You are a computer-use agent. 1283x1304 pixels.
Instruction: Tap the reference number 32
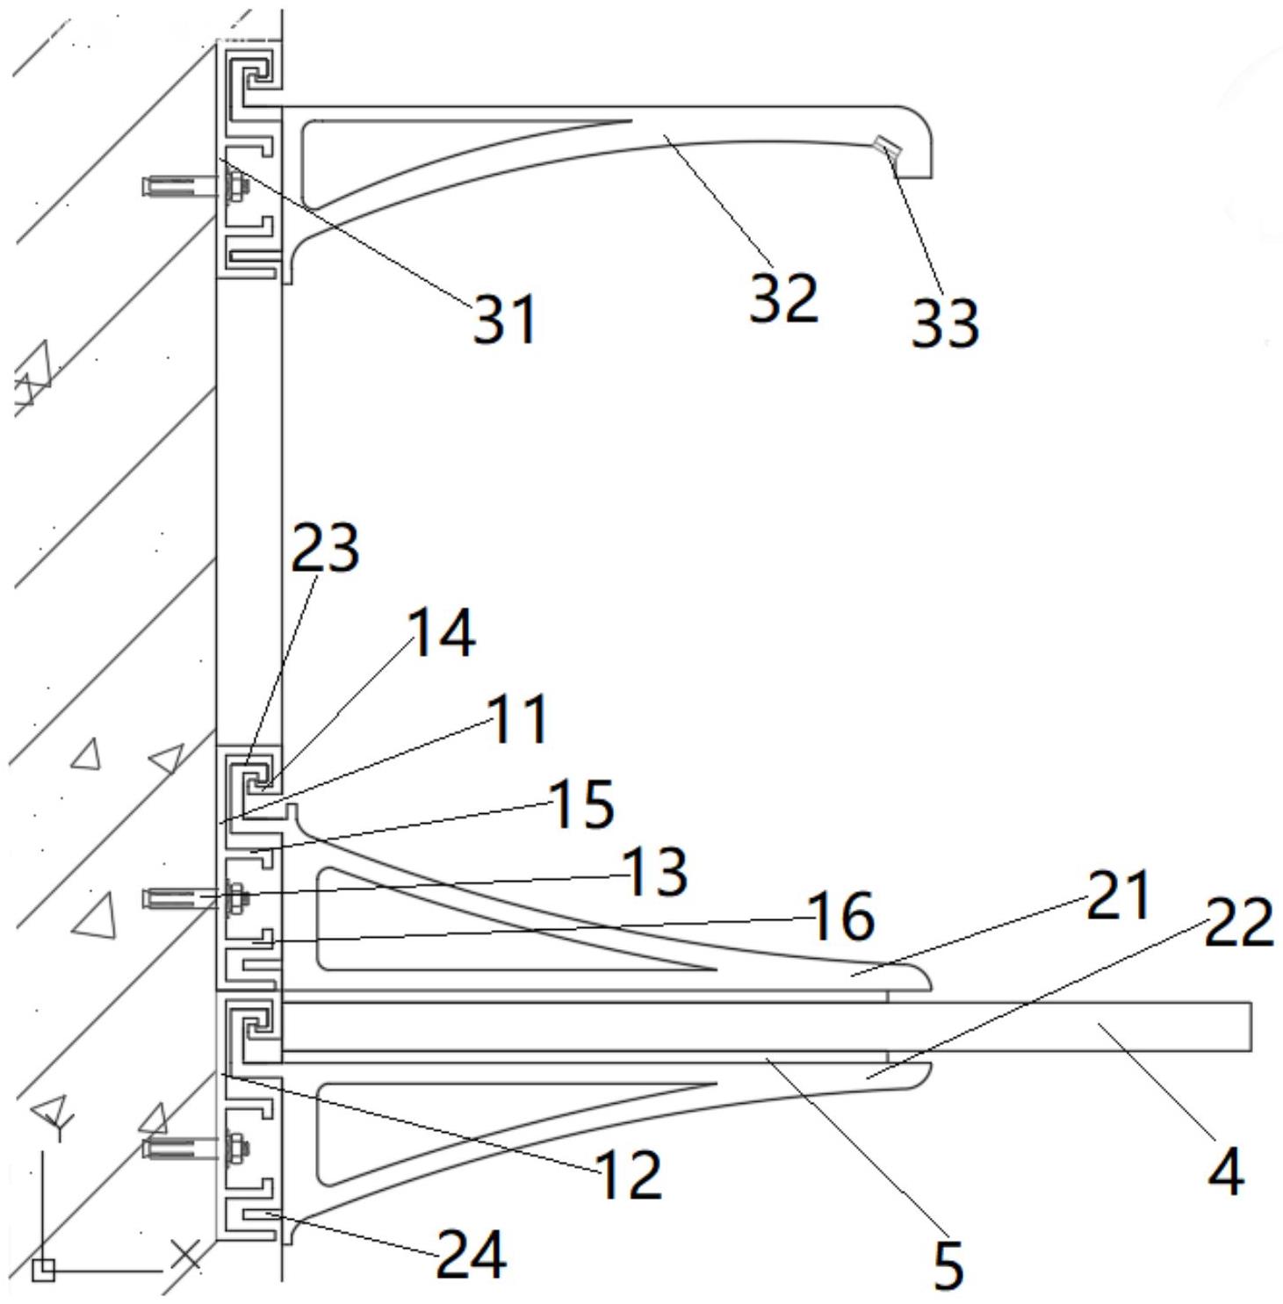(783, 297)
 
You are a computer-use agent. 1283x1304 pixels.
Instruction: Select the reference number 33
(945, 322)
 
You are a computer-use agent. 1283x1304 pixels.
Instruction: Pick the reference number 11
(519, 719)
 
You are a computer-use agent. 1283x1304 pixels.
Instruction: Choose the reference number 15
(580, 804)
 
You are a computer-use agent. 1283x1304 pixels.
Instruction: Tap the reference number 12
(629, 1174)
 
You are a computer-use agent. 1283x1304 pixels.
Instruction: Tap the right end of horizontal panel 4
(1251, 1026)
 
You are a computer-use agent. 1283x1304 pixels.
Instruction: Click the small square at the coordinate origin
(43, 1271)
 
